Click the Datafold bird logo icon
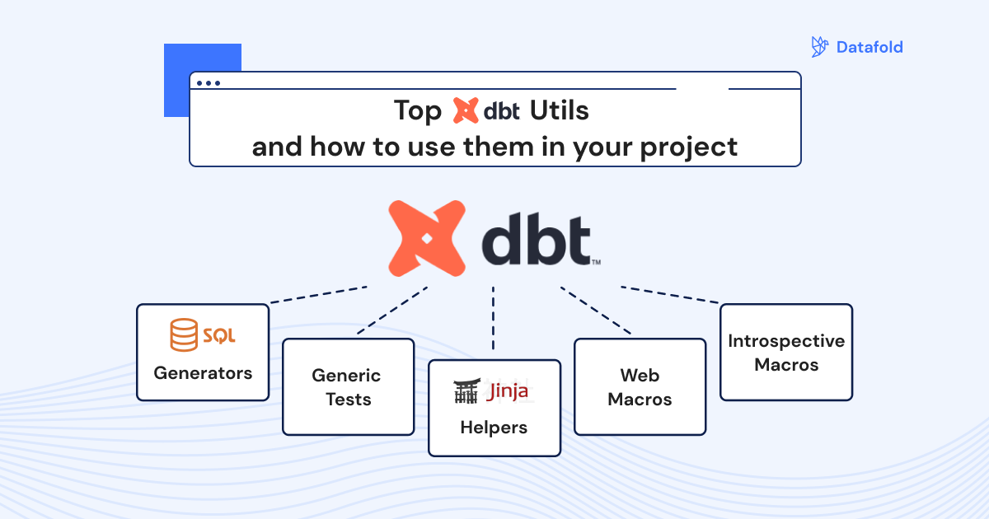click(819, 47)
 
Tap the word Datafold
click(869, 47)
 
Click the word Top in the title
click(417, 110)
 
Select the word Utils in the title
click(559, 110)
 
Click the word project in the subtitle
click(689, 147)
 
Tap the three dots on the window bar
click(209, 83)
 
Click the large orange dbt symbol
click(427, 238)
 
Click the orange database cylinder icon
click(184, 334)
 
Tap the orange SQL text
click(219, 336)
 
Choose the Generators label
click(203, 373)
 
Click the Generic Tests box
click(349, 387)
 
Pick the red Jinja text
click(507, 390)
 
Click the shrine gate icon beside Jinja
click(466, 390)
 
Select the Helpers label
click(494, 428)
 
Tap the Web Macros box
click(640, 387)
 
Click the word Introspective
click(786, 341)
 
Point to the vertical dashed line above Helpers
click(493, 318)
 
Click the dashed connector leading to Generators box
click(318, 295)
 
